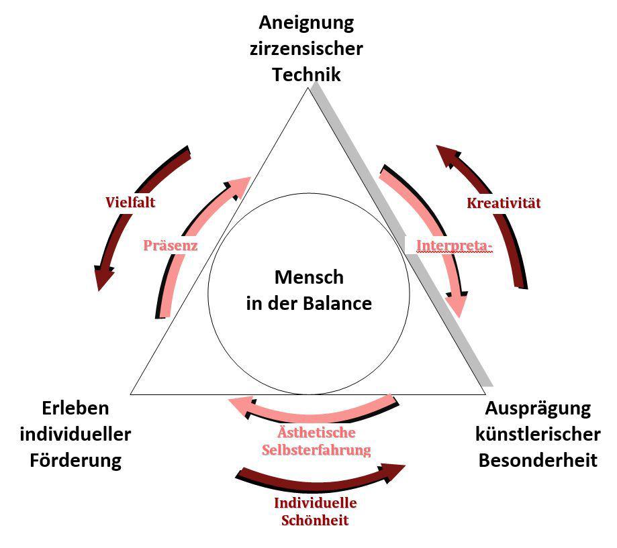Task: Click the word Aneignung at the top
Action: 306,23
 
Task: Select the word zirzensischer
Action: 306,48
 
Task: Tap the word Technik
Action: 306,74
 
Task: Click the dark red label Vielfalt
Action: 130,202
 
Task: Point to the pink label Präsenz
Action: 170,245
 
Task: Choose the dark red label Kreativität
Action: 504,203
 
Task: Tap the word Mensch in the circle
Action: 309,277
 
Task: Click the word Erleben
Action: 75,408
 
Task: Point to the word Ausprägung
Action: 538,408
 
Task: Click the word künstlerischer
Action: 538,434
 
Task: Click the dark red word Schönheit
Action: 316,520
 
